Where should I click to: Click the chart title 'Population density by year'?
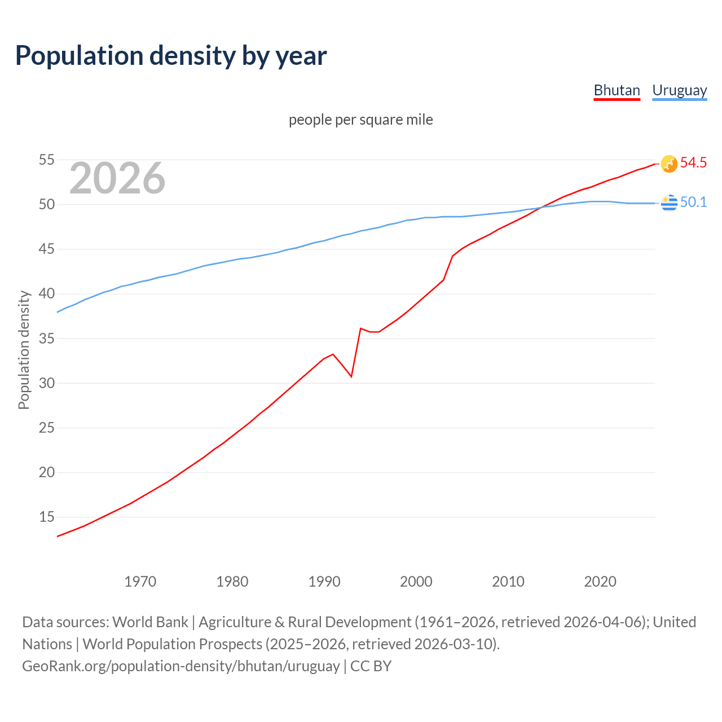tap(171, 56)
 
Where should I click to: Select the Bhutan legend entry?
tap(617, 90)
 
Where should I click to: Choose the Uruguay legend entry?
tap(679, 90)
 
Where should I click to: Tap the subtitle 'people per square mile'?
tap(360, 120)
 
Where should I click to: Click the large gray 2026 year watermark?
tap(117, 178)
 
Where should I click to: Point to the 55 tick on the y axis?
tap(46, 160)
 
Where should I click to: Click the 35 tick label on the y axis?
tap(46, 339)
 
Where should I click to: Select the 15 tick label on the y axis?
tap(46, 517)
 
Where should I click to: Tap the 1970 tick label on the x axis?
tap(140, 582)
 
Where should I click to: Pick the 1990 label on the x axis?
tap(324, 582)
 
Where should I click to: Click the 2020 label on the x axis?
tap(600, 582)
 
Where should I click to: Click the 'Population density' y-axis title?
tap(24, 350)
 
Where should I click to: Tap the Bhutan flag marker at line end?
tap(669, 164)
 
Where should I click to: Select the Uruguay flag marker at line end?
tap(669, 202)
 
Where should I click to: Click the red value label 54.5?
tap(693, 163)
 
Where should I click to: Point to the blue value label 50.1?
tap(693, 202)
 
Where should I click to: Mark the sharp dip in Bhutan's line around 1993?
tap(351, 376)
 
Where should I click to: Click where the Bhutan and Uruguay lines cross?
tap(540, 208)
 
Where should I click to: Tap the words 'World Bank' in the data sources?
tap(150, 622)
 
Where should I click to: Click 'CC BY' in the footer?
tap(371, 666)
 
